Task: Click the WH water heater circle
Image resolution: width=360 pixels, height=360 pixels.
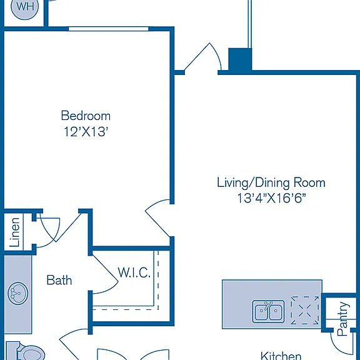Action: (x=24, y=7)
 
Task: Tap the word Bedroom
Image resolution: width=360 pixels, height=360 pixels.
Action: (x=86, y=116)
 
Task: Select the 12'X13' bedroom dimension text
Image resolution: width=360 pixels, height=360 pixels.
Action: (x=86, y=132)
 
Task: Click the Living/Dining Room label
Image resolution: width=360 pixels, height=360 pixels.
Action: (x=271, y=182)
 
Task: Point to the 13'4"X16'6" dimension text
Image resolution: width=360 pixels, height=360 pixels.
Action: (x=272, y=198)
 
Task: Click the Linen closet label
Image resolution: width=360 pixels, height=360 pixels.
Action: (x=14, y=232)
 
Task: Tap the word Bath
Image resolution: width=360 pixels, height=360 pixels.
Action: (x=59, y=280)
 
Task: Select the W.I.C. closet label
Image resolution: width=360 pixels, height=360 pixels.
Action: (x=134, y=272)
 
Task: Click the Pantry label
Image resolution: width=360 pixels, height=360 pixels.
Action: (x=343, y=319)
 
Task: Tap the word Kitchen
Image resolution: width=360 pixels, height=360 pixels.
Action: (x=281, y=356)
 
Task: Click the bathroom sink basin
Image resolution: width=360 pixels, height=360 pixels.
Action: (x=18, y=293)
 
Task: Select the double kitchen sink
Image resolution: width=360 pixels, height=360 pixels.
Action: (x=268, y=311)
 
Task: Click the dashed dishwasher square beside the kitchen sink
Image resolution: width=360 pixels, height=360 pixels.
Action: (x=304, y=310)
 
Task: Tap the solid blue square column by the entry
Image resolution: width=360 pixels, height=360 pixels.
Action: (x=240, y=59)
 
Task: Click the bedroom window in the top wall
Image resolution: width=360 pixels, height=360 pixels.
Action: (x=109, y=29)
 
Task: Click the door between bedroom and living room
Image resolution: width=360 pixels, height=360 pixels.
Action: (x=158, y=218)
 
